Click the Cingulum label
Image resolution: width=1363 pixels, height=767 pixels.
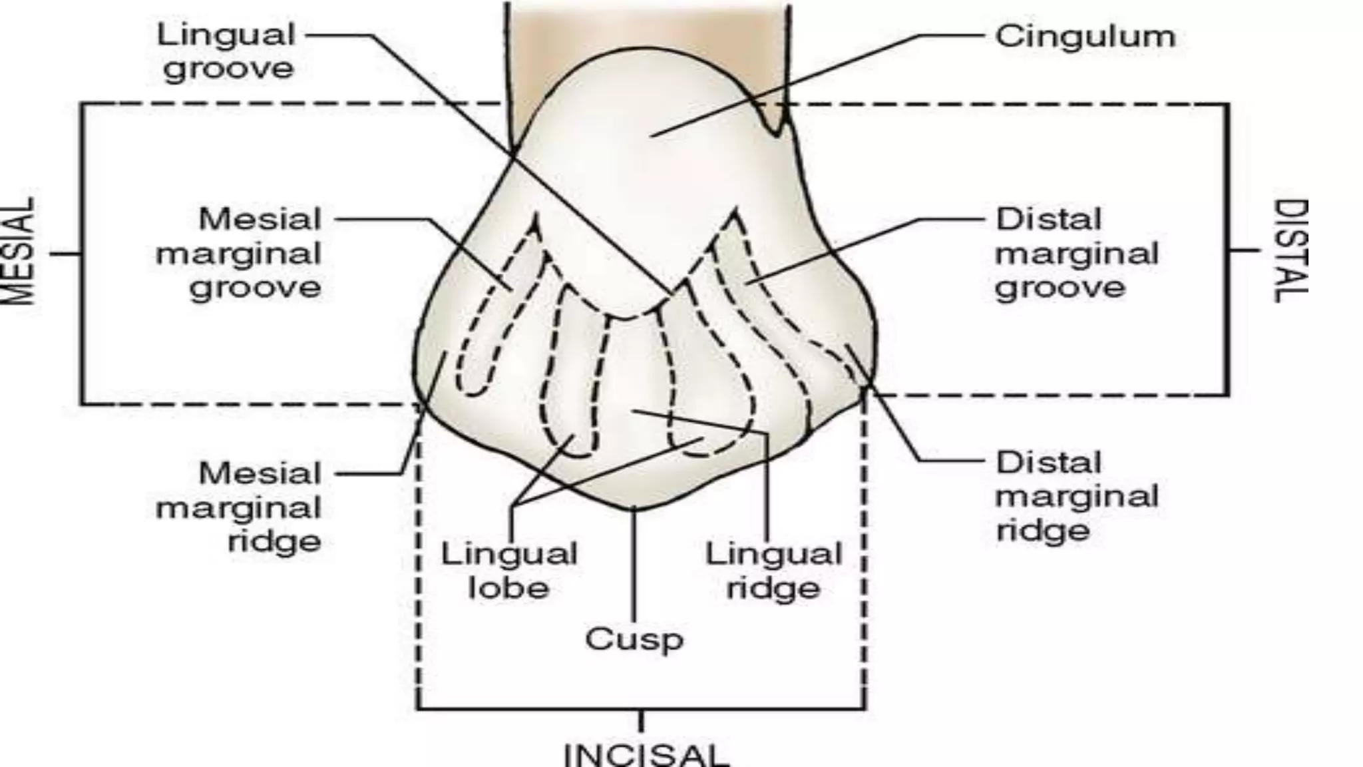coord(1085,37)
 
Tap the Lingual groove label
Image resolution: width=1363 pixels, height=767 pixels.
coord(226,52)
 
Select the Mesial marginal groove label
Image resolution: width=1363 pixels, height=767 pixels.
coord(240,254)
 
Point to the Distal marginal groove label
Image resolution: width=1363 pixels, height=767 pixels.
coord(1077,254)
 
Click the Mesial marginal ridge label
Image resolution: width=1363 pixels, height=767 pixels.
coord(240,507)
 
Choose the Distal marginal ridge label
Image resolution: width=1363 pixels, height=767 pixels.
coord(1077,497)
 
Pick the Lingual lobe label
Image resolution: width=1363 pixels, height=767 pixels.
coord(509,571)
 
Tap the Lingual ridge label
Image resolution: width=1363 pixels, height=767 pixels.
coord(773,571)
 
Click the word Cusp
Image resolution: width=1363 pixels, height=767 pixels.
coord(634,640)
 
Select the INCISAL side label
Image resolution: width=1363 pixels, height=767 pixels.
coord(646,755)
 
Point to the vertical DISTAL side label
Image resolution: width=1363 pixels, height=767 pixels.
coord(1290,251)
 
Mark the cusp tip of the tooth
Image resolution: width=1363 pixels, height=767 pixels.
coord(633,509)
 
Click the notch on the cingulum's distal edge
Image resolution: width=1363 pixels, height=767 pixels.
coord(775,130)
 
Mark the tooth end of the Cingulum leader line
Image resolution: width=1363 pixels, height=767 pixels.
coord(652,136)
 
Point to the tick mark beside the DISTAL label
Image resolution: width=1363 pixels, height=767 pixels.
coord(1244,250)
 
